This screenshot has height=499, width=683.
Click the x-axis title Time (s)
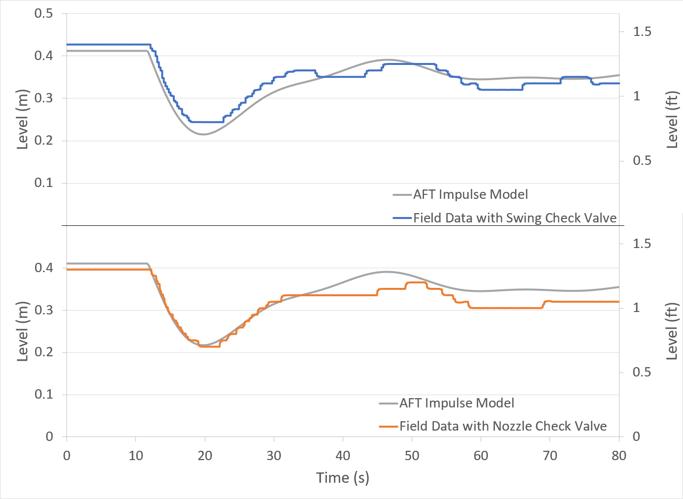click(x=342, y=477)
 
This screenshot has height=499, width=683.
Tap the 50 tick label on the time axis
click(x=412, y=456)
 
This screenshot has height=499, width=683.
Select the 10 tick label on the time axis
click(x=135, y=456)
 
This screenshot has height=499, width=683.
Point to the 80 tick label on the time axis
click(x=618, y=456)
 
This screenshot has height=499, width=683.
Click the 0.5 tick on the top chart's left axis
click(x=43, y=13)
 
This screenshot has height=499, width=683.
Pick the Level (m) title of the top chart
click(x=23, y=119)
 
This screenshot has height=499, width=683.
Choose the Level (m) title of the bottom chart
click(x=23, y=331)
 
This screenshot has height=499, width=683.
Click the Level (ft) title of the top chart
click(x=672, y=120)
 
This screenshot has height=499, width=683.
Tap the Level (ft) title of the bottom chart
click(x=672, y=331)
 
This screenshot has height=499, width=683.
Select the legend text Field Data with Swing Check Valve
click(x=515, y=218)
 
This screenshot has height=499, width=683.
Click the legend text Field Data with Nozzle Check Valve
click(x=503, y=426)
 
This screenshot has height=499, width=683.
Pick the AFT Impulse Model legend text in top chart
click(x=470, y=194)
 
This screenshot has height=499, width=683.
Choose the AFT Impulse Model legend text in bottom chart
click(x=456, y=403)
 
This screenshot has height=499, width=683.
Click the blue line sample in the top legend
click(x=402, y=218)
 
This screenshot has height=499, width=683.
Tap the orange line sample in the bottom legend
click(x=388, y=426)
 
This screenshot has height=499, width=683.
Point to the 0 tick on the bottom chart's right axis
click(x=636, y=437)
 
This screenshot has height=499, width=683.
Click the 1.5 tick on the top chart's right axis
click(x=642, y=31)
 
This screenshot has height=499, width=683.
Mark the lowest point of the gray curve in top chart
click(x=202, y=134)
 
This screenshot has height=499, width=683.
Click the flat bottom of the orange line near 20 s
click(x=209, y=346)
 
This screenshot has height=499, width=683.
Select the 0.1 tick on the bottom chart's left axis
click(x=43, y=394)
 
